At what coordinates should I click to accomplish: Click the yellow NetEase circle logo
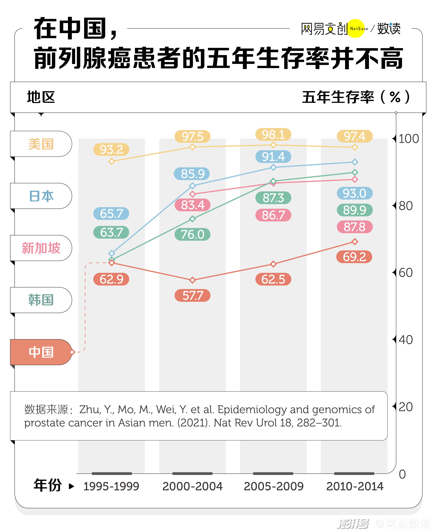point(356,28)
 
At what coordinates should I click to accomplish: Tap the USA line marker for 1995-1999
point(112,161)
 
